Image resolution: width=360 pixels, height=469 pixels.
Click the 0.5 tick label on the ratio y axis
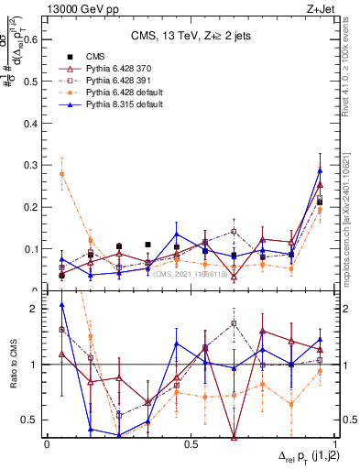32,420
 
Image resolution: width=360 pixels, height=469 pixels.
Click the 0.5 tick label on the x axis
191,444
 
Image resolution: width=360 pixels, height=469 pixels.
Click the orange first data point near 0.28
61,174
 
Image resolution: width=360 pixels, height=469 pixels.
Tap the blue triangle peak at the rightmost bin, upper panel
320,170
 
